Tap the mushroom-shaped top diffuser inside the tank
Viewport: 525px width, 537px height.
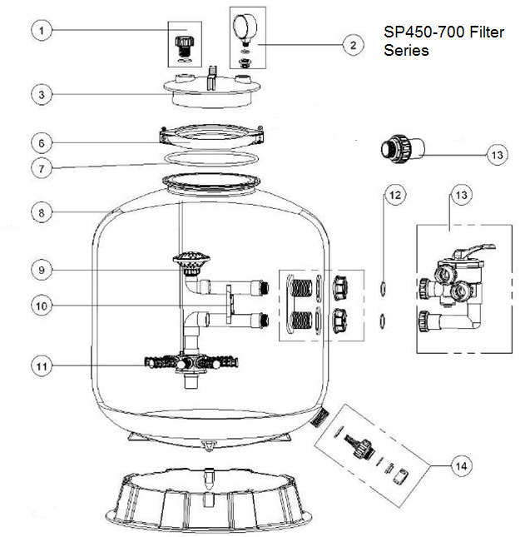point(191,261)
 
